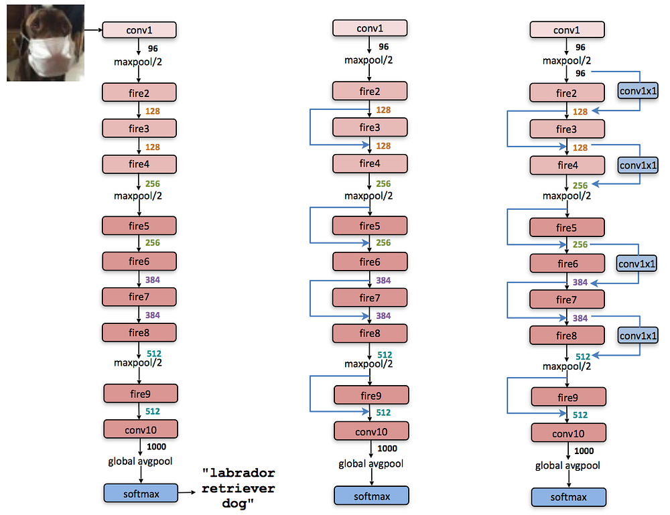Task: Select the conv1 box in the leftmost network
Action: click(x=139, y=29)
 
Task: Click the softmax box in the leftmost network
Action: click(x=140, y=494)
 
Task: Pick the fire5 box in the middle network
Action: click(x=369, y=226)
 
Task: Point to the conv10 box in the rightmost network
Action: click(x=568, y=434)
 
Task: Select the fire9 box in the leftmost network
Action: click(x=140, y=393)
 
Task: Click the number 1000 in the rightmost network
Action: click(x=584, y=451)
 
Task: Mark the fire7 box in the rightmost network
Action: click(x=566, y=299)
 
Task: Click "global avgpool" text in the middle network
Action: click(x=371, y=463)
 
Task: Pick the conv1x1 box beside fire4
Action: click(x=637, y=165)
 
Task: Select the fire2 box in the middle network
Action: click(x=369, y=92)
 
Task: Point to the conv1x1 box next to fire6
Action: click(x=637, y=264)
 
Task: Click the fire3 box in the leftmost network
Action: click(x=139, y=127)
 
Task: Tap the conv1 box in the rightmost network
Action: click(x=567, y=29)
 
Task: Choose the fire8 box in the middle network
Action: click(x=369, y=333)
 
